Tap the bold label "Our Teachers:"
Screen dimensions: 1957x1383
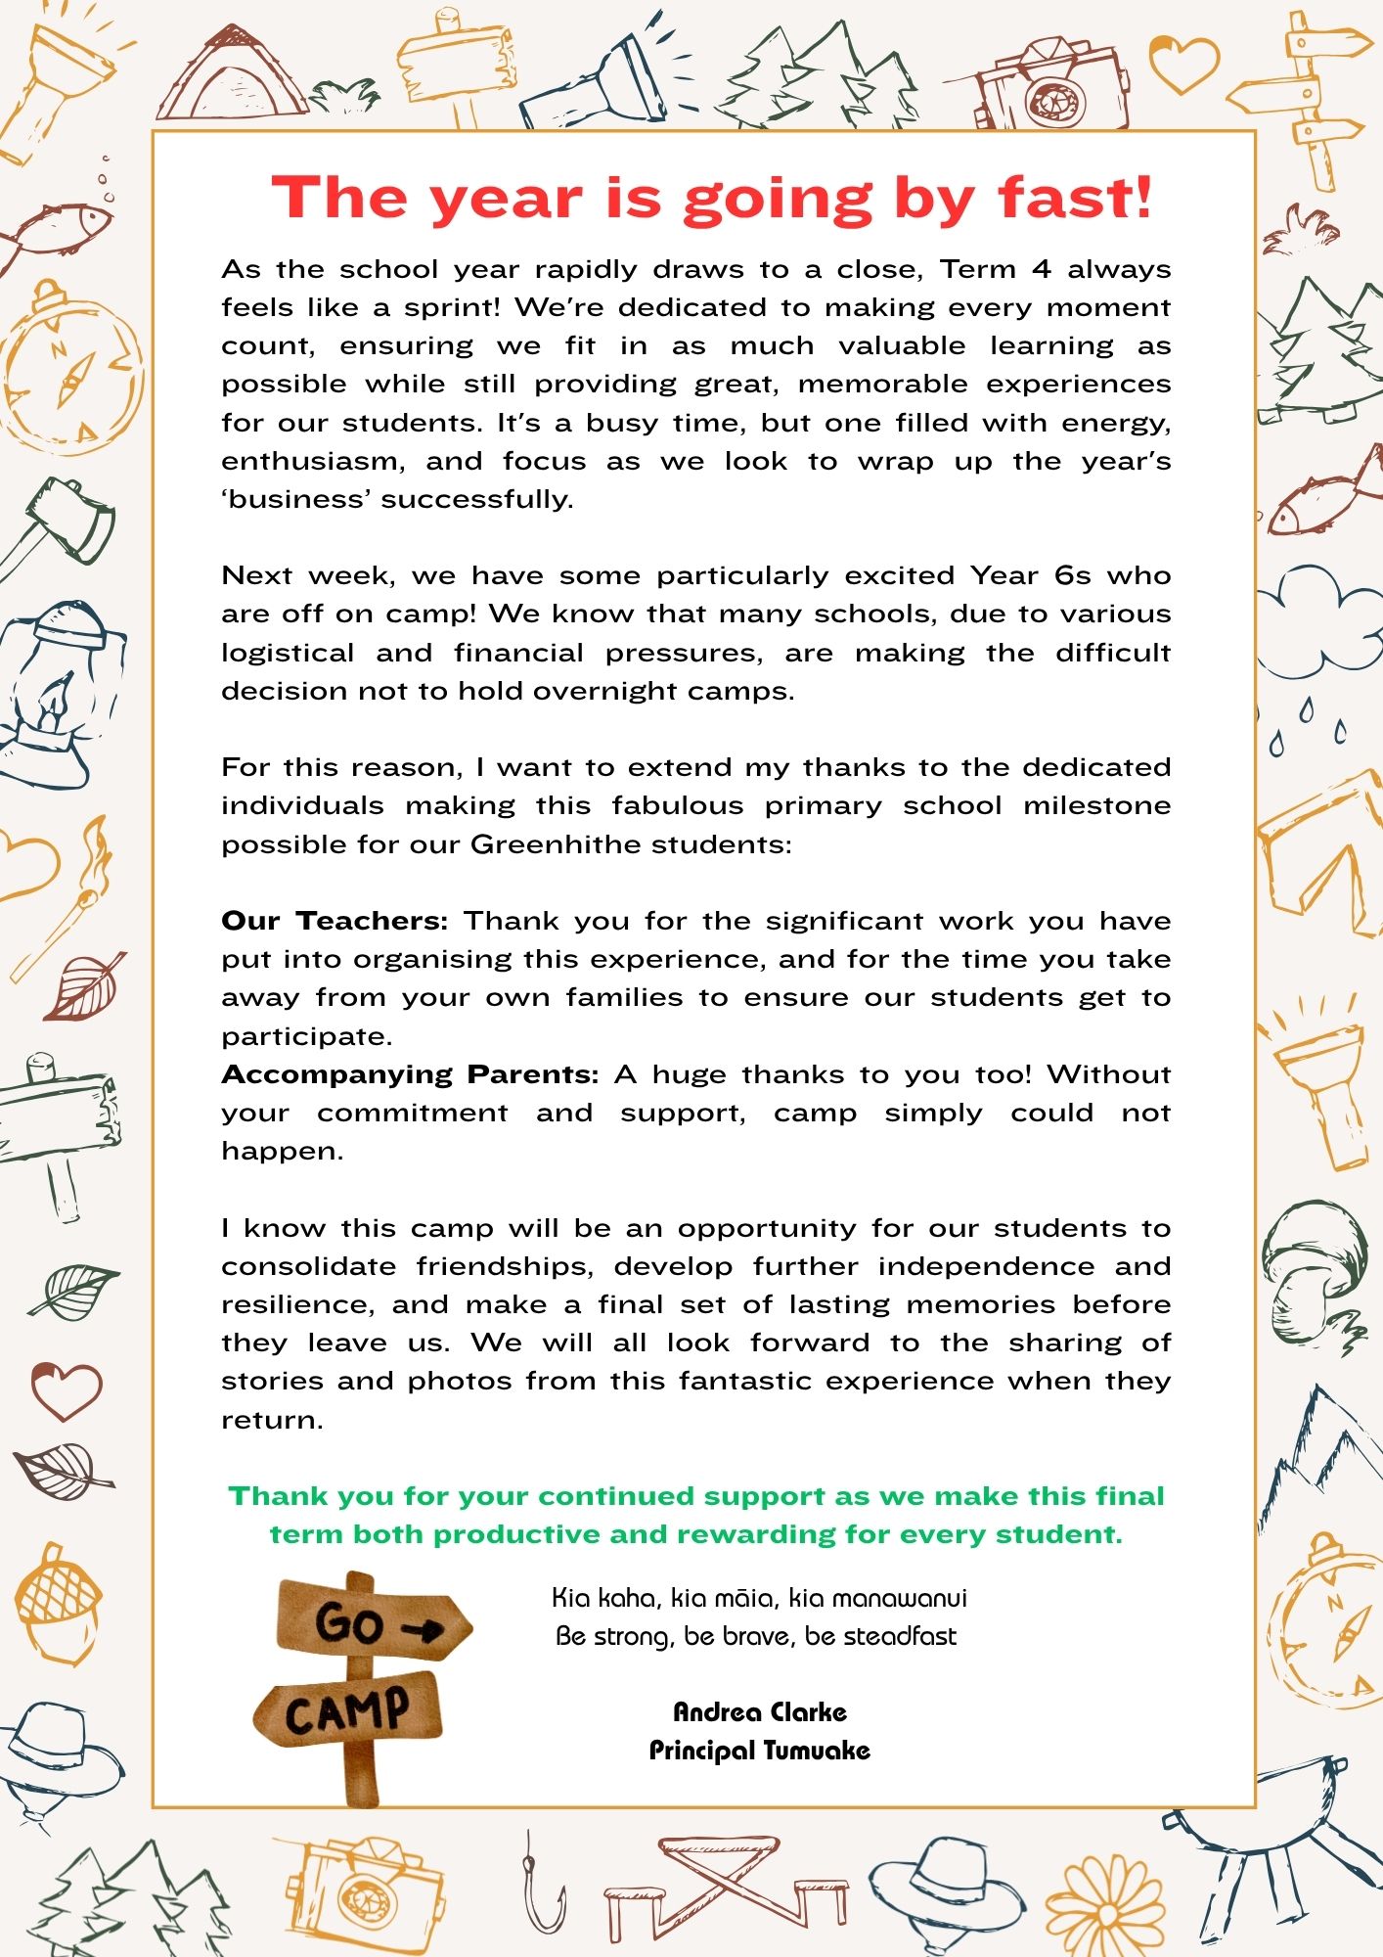point(335,921)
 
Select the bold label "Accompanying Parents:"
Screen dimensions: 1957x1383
point(410,1074)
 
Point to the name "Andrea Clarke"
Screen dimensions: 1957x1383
point(760,1711)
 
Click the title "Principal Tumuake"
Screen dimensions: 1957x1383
point(760,1750)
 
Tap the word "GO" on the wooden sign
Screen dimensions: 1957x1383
point(348,1624)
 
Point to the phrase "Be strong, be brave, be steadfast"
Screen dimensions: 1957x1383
point(756,1635)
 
